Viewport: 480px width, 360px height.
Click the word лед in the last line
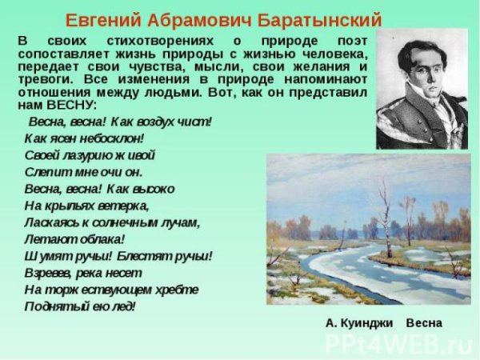121,306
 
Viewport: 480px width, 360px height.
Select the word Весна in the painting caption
423,323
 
